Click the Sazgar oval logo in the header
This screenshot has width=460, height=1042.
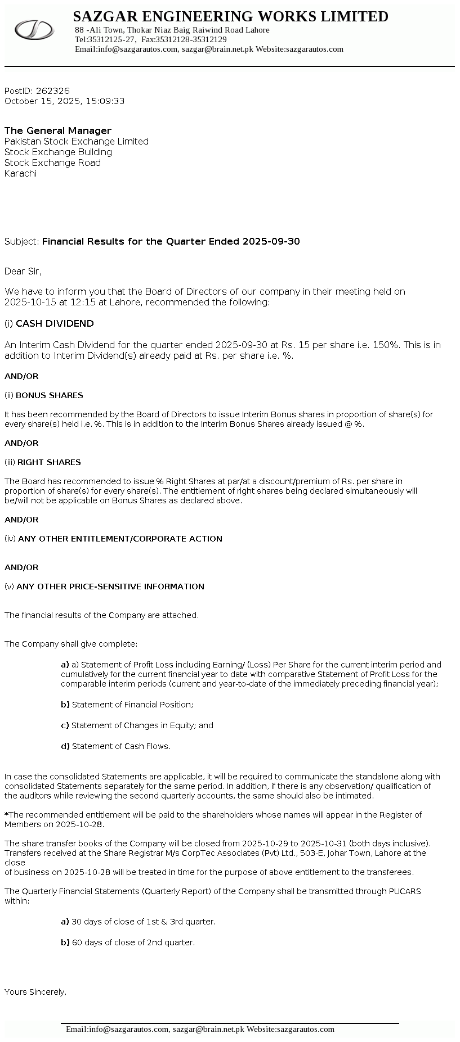34,29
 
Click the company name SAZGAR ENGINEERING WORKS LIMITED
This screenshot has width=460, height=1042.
230,17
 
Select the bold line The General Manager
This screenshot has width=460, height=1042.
58,130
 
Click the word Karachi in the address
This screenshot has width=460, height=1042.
20,173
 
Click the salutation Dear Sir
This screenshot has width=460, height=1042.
23,272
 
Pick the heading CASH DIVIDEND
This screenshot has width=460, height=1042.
55,323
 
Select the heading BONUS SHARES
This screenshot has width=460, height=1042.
50,395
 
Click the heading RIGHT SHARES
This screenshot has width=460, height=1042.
49,462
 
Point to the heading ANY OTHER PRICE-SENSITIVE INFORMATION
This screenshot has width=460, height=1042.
110,587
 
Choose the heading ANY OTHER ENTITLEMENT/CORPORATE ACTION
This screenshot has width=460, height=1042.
120,539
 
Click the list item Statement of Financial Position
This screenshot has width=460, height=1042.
132,705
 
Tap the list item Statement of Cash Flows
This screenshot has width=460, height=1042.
121,746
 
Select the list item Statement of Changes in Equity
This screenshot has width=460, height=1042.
142,725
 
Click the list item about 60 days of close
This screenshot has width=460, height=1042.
133,942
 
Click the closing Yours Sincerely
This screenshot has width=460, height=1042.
35,992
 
